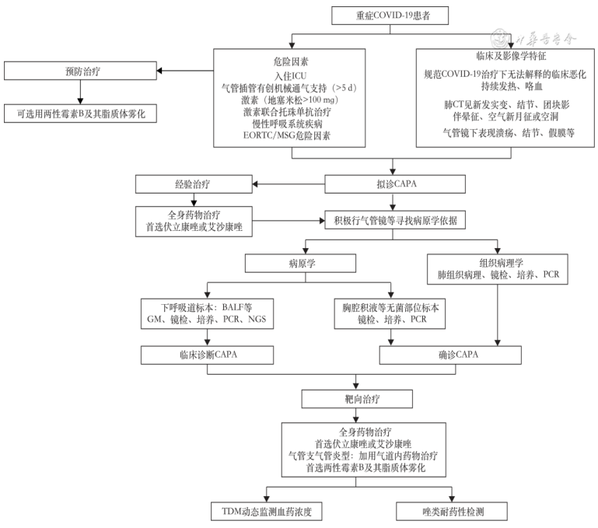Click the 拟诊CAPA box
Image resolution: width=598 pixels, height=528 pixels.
pos(393,184)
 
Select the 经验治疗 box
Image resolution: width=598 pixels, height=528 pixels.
pos(194,184)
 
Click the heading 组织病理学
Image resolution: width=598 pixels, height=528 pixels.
pos(498,262)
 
